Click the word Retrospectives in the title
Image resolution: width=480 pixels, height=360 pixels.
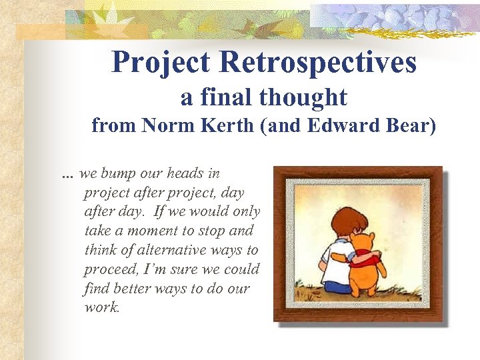click(x=318, y=63)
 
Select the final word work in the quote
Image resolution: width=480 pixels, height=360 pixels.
click(x=102, y=308)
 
